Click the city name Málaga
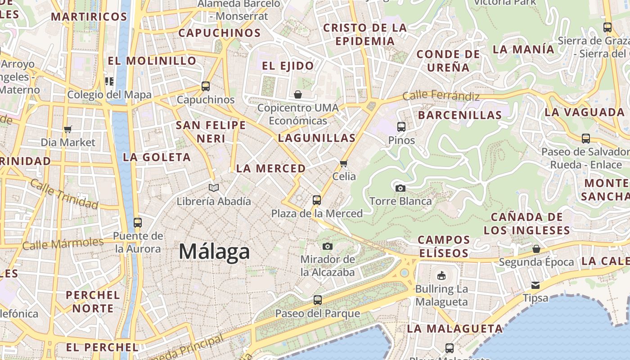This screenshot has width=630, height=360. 214,251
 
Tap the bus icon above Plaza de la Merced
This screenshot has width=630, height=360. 317,200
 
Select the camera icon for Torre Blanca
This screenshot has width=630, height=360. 400,188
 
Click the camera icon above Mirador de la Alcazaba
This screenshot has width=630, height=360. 328,246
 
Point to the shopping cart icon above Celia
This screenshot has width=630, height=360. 344,163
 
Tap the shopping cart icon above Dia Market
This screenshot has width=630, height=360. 68,130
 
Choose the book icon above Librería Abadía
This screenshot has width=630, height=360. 214,188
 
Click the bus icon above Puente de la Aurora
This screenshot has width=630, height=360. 138,222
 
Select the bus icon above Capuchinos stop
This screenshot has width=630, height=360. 206,86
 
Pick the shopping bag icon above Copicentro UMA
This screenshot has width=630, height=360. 298,94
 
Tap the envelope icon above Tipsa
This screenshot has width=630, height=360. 535,285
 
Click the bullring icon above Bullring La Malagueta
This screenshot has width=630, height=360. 441,275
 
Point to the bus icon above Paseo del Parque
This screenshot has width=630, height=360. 318,300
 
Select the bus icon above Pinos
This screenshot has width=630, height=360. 401,127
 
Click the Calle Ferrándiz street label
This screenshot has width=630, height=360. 441,96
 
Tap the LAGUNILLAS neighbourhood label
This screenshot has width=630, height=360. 317,138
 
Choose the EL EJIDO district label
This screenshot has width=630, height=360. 288,66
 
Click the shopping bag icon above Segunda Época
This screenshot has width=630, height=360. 536,249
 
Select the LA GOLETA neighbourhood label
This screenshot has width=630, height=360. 157,157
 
